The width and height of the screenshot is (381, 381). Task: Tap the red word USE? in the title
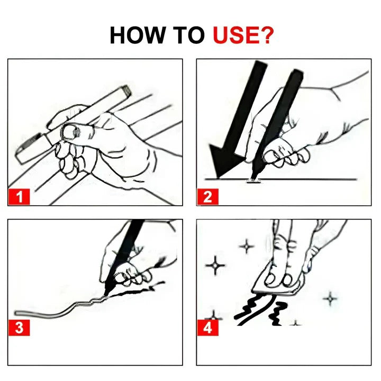coord(243,35)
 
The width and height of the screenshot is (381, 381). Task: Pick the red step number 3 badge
coord(19,327)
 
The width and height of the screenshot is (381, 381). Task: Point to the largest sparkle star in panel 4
coord(215,265)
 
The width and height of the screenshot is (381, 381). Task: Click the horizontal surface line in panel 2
coord(317,179)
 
